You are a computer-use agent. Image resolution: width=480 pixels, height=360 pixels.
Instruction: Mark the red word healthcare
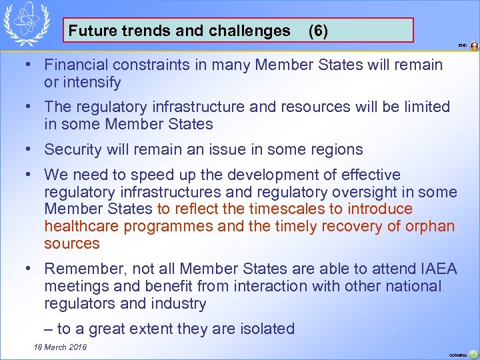pos(83,227)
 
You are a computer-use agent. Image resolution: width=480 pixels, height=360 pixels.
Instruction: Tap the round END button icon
pos(474,46)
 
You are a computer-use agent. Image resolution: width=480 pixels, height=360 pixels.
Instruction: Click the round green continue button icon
pos(473,354)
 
